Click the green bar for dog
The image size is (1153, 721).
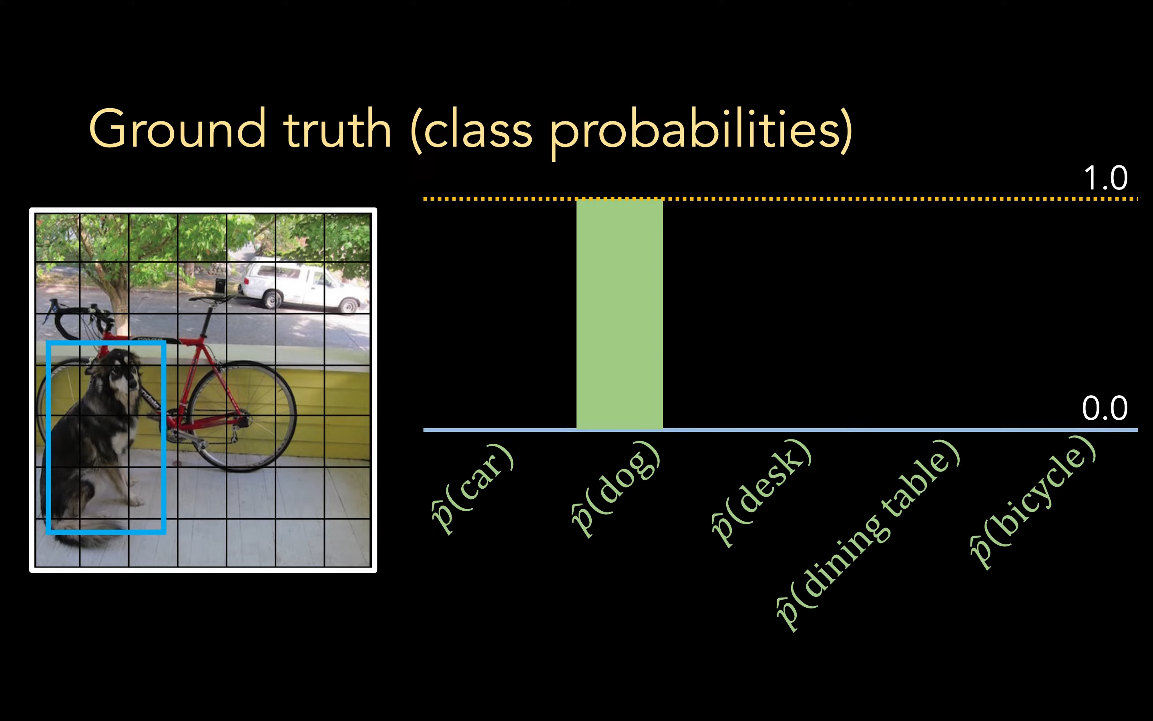tap(619, 314)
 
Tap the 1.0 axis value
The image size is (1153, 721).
tap(1105, 178)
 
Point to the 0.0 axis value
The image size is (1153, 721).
tap(1105, 408)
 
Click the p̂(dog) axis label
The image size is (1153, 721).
tap(616, 489)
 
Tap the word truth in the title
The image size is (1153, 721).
tap(337, 128)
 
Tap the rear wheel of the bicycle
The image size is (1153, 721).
tap(242, 416)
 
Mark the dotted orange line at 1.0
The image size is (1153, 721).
tap(780, 199)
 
